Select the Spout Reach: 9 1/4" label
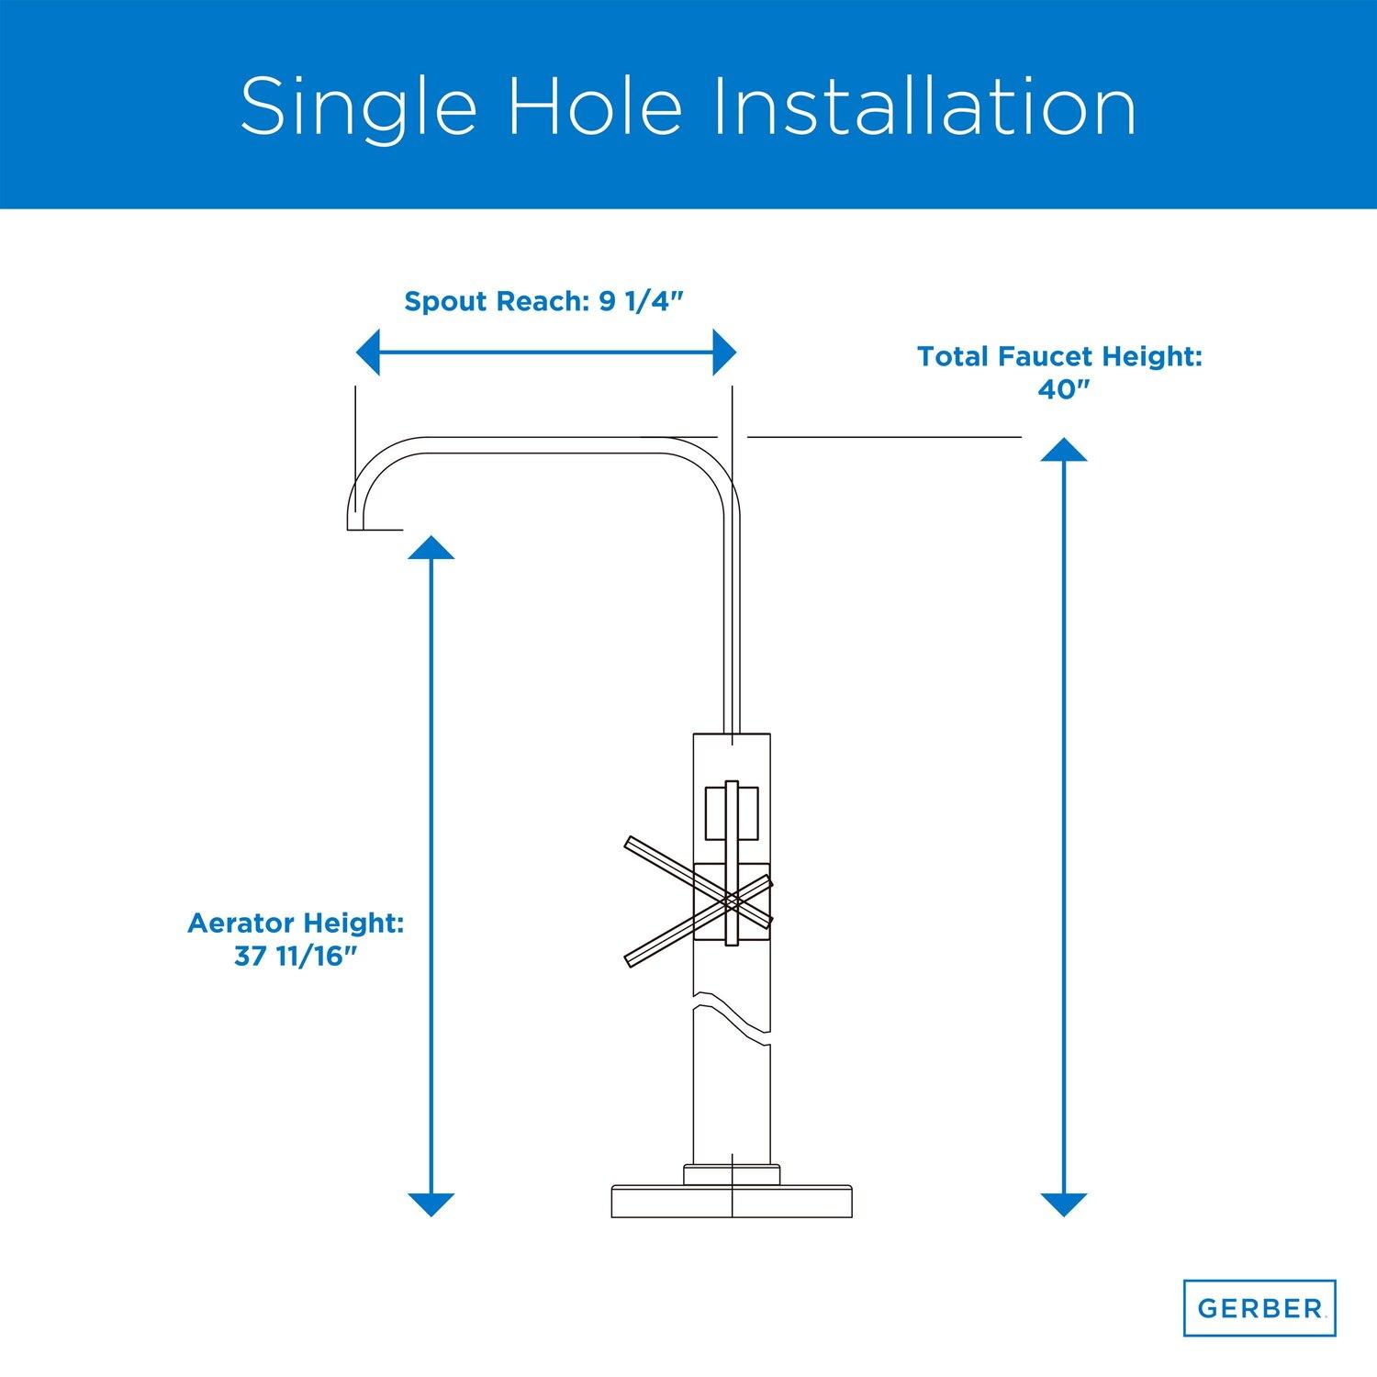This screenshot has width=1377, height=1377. click(545, 302)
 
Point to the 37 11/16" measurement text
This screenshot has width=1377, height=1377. click(296, 957)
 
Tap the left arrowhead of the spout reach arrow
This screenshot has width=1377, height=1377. click(367, 353)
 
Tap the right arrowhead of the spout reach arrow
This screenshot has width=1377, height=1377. click(724, 353)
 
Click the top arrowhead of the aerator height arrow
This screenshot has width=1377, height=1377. click(431, 548)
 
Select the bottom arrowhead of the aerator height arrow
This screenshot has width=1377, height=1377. click(431, 1204)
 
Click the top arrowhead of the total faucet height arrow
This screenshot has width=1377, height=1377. click(1064, 449)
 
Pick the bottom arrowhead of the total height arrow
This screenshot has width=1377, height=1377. click(1064, 1204)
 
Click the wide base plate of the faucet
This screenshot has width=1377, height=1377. click(733, 1203)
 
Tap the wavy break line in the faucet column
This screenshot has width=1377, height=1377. click(732, 1014)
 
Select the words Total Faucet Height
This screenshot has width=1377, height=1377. click(1059, 357)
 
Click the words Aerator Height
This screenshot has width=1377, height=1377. click(296, 923)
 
